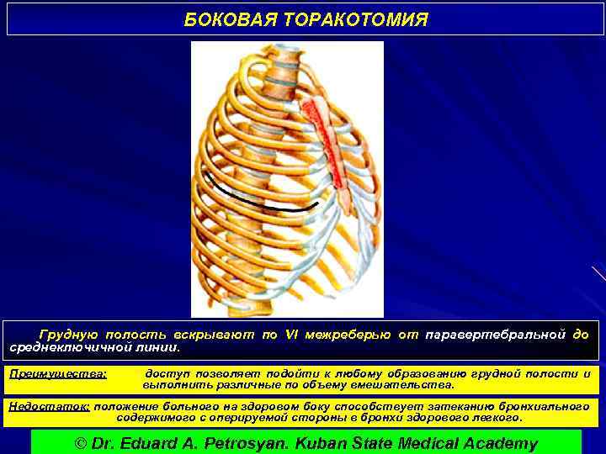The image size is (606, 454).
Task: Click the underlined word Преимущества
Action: pos(57,373)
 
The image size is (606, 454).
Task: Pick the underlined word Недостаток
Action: pos(49,405)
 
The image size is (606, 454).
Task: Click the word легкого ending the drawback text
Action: pos(497,417)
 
